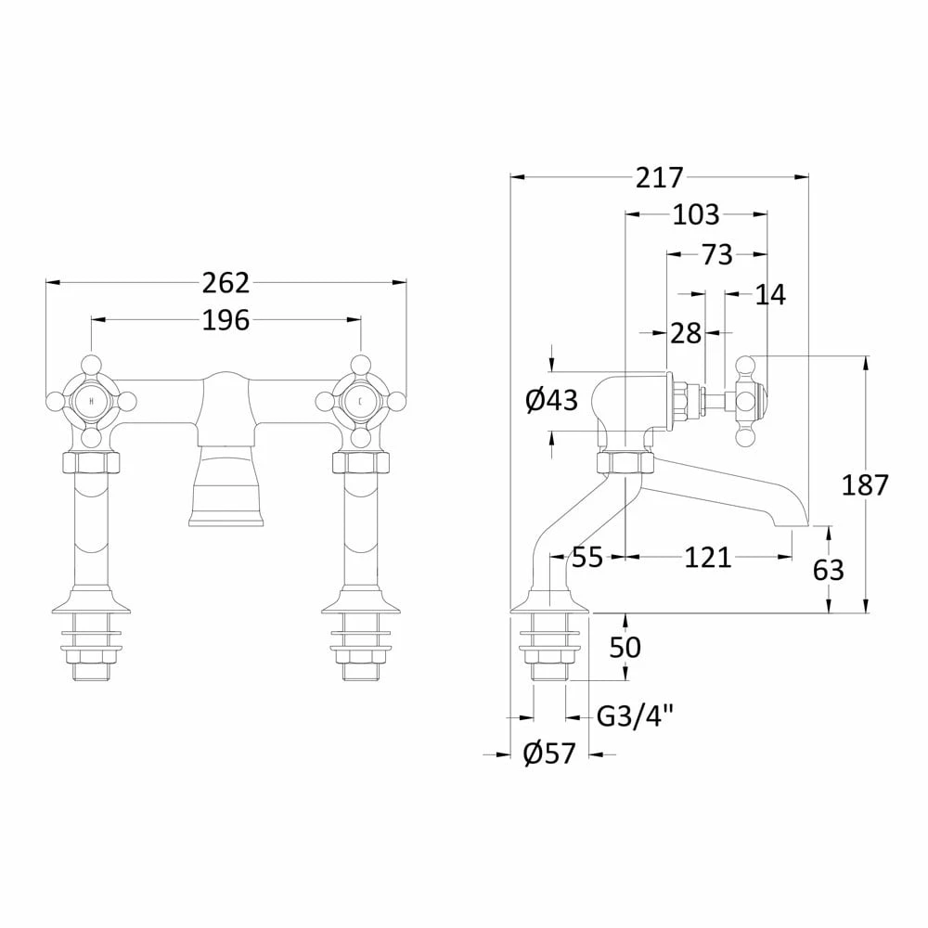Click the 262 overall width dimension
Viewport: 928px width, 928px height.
(226, 282)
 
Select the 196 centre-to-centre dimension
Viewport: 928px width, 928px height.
(226, 320)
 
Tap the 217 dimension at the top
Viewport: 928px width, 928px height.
(659, 177)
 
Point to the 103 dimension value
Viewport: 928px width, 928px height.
(696, 215)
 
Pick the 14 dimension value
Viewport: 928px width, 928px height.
(770, 295)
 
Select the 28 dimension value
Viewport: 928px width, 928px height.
(686, 333)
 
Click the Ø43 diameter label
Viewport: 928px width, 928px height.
(551, 401)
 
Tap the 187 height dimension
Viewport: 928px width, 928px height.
(865, 484)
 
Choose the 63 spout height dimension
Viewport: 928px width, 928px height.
(828, 569)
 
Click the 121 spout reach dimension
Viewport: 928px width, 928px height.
(708, 558)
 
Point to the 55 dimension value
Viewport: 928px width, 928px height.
(586, 558)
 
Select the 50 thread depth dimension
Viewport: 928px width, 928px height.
(625, 647)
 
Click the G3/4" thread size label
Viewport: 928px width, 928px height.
(635, 716)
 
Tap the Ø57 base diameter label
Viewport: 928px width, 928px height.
(550, 754)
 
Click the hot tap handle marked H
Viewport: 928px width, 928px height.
(90, 401)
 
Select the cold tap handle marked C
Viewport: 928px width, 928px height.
(360, 401)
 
